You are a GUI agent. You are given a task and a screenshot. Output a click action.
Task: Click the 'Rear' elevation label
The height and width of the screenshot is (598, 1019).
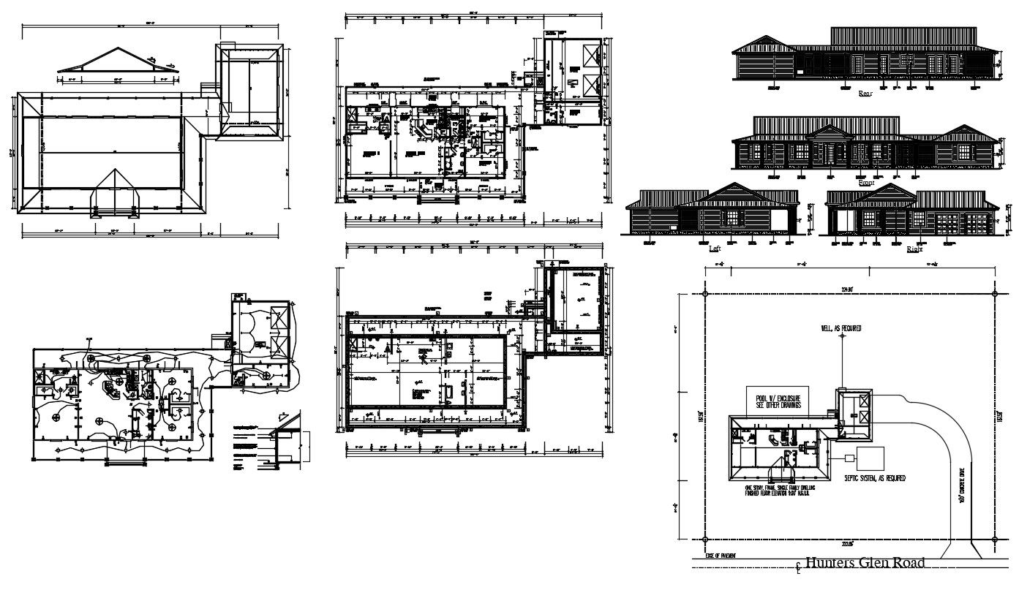[x=865, y=94]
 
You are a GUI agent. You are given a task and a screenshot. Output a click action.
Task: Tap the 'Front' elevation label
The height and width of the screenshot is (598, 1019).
[x=866, y=183]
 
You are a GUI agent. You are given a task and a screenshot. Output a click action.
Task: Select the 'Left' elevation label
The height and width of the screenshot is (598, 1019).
[x=715, y=249]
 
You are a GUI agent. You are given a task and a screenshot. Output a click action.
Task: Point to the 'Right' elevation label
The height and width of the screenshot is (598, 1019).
[x=914, y=249]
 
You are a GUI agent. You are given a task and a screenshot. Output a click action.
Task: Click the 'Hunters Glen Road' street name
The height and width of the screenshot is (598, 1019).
[x=864, y=562]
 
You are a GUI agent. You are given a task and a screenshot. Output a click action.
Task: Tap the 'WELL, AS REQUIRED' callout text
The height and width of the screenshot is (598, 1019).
[x=841, y=329]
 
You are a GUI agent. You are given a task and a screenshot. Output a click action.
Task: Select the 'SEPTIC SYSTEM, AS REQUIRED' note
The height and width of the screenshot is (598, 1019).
[x=875, y=478]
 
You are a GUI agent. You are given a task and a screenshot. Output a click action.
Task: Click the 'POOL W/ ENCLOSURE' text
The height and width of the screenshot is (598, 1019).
[x=777, y=398]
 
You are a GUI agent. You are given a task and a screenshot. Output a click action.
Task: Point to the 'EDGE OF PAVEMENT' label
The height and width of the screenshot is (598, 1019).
[x=721, y=556]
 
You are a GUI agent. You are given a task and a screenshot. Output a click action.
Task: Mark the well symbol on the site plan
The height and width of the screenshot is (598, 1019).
[x=841, y=389]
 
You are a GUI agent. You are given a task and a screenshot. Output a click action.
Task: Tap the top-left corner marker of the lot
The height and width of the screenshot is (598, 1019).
[x=704, y=294]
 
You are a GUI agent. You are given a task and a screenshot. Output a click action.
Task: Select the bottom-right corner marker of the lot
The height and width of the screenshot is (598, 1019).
[x=994, y=539]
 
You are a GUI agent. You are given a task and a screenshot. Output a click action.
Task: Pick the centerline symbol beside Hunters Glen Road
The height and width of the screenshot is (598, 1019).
[x=799, y=565]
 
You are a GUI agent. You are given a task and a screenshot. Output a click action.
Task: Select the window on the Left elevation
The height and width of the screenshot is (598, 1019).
[x=731, y=218]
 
